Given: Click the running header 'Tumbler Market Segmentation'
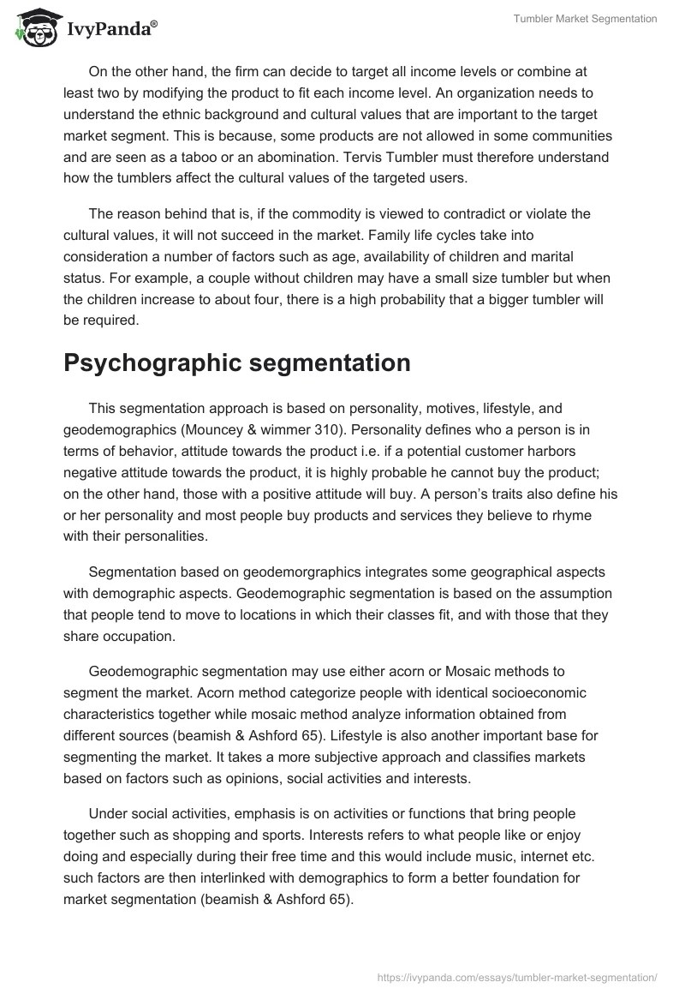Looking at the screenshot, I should [x=584, y=19].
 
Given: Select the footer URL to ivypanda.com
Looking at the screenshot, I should [x=517, y=976].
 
